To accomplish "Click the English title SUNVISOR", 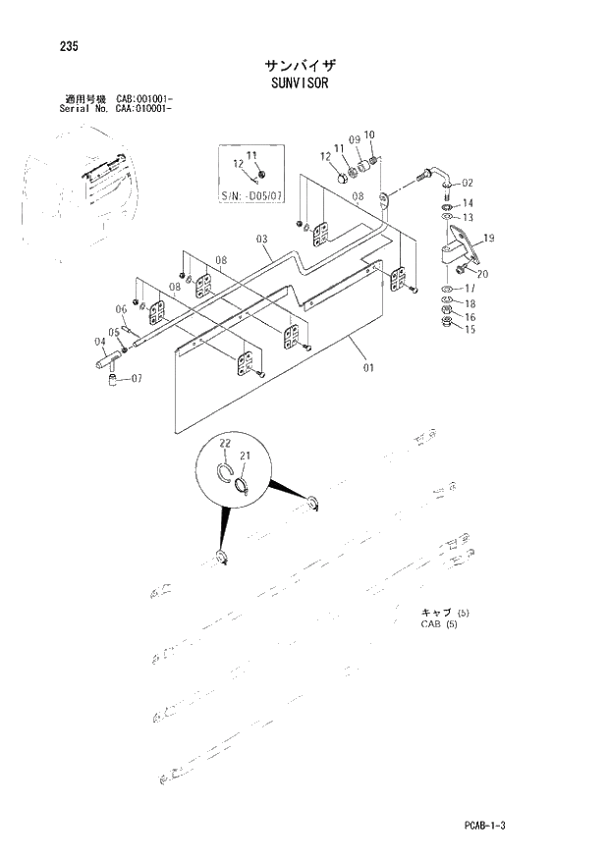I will pyautogui.click(x=301, y=83).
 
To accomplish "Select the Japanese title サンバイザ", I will pyautogui.click(x=301, y=65).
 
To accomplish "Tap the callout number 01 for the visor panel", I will pyautogui.click(x=368, y=368).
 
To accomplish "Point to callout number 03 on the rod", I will pyautogui.click(x=262, y=239).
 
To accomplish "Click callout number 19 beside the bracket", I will pyautogui.click(x=488, y=239).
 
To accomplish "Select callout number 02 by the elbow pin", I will pyautogui.click(x=467, y=183).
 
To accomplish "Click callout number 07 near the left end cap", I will pyautogui.click(x=136, y=378).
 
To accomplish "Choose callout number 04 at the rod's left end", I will pyautogui.click(x=100, y=342).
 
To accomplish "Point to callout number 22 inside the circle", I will pyautogui.click(x=224, y=445).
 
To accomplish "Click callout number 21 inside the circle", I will pyautogui.click(x=246, y=456).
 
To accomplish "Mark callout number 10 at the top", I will pyautogui.click(x=369, y=134).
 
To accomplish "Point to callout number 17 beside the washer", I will pyautogui.click(x=470, y=290).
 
